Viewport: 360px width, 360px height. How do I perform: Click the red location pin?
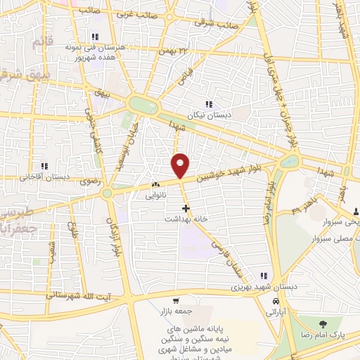[180, 165]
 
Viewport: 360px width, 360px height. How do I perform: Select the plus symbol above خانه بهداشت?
[186, 208]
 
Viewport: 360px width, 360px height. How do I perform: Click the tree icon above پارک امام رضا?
[323, 324]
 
